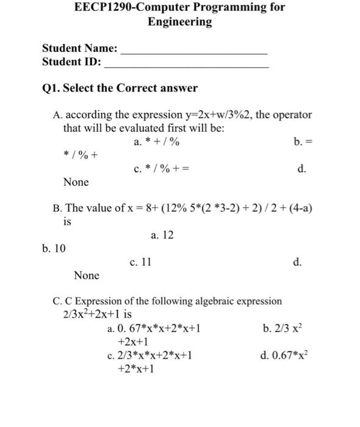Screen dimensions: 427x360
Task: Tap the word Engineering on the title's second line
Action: tap(179, 23)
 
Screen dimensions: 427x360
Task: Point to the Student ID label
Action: tap(72, 62)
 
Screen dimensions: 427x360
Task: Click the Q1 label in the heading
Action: tap(51, 88)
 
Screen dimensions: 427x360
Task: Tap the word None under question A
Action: tap(76, 182)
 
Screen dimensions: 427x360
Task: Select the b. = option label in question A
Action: tap(302, 142)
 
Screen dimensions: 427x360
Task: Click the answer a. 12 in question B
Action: tap(162, 234)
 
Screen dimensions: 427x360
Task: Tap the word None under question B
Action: tap(87, 276)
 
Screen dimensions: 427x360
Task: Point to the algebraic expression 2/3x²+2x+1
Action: tap(93, 315)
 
